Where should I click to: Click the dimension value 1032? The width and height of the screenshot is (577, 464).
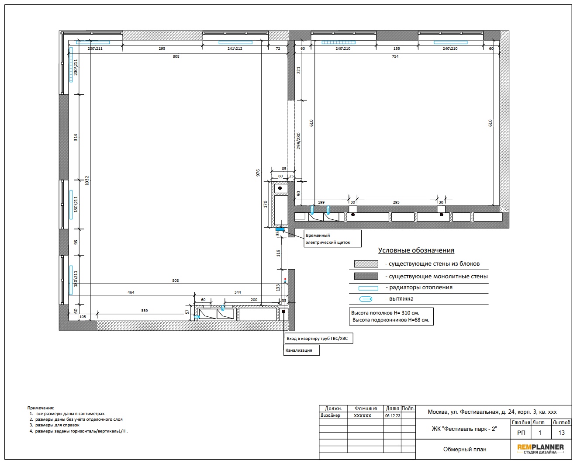click(86, 180)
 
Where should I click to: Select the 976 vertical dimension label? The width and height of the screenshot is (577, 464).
click(258, 173)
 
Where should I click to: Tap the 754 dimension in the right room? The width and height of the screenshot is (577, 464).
click(395, 56)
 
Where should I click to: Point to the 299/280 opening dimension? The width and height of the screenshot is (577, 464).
click(298, 141)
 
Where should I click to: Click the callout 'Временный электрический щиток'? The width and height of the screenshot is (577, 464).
click(332, 239)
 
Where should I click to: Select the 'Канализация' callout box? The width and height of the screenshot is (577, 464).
click(301, 350)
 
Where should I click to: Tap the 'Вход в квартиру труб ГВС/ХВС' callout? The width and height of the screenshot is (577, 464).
click(318, 338)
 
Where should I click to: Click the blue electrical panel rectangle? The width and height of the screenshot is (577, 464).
click(280, 229)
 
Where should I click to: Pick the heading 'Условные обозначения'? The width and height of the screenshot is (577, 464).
click(416, 250)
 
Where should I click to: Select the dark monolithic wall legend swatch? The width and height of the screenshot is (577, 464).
click(366, 276)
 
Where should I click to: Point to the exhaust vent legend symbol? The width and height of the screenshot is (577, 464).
click(366, 299)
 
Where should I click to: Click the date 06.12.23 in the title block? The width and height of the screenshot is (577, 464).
click(393, 416)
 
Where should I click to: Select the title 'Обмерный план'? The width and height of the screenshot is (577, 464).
click(465, 449)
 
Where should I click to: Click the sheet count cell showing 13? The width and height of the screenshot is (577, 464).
click(561, 433)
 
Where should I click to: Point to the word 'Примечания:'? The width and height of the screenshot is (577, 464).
click(41, 408)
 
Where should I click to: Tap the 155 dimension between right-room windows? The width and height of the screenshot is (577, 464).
click(397, 48)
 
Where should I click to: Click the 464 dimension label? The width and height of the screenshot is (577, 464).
click(131, 292)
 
